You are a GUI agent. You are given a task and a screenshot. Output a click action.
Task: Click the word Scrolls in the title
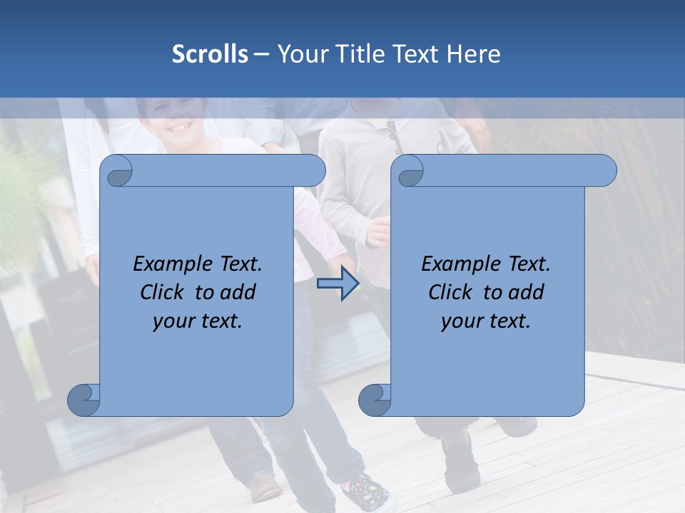tap(210, 54)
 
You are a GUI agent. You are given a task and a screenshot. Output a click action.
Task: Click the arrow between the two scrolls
tap(338, 284)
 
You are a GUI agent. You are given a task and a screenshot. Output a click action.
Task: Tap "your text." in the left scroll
tap(198, 321)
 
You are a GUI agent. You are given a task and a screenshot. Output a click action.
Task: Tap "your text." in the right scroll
tap(486, 321)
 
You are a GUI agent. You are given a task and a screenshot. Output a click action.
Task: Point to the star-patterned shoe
tap(367, 492)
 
